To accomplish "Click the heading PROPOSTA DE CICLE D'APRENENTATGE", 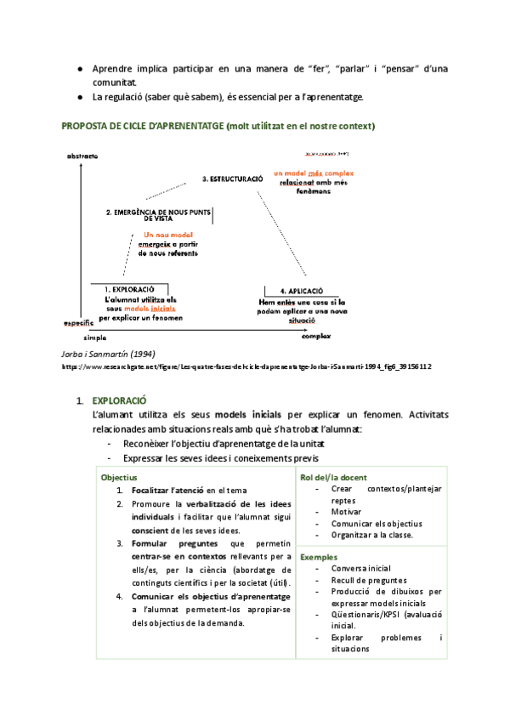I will (x=141, y=127).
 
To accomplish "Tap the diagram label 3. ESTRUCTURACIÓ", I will (x=232, y=179).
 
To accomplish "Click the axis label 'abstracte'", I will (x=82, y=156).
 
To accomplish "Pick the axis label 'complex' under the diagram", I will (x=315, y=338).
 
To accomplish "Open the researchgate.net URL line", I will (x=235, y=366).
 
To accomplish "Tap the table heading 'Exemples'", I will (x=320, y=556).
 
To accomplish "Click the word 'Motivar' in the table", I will (x=347, y=512).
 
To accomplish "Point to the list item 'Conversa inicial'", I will (x=361, y=568).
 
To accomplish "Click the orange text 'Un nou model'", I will (x=167, y=236).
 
